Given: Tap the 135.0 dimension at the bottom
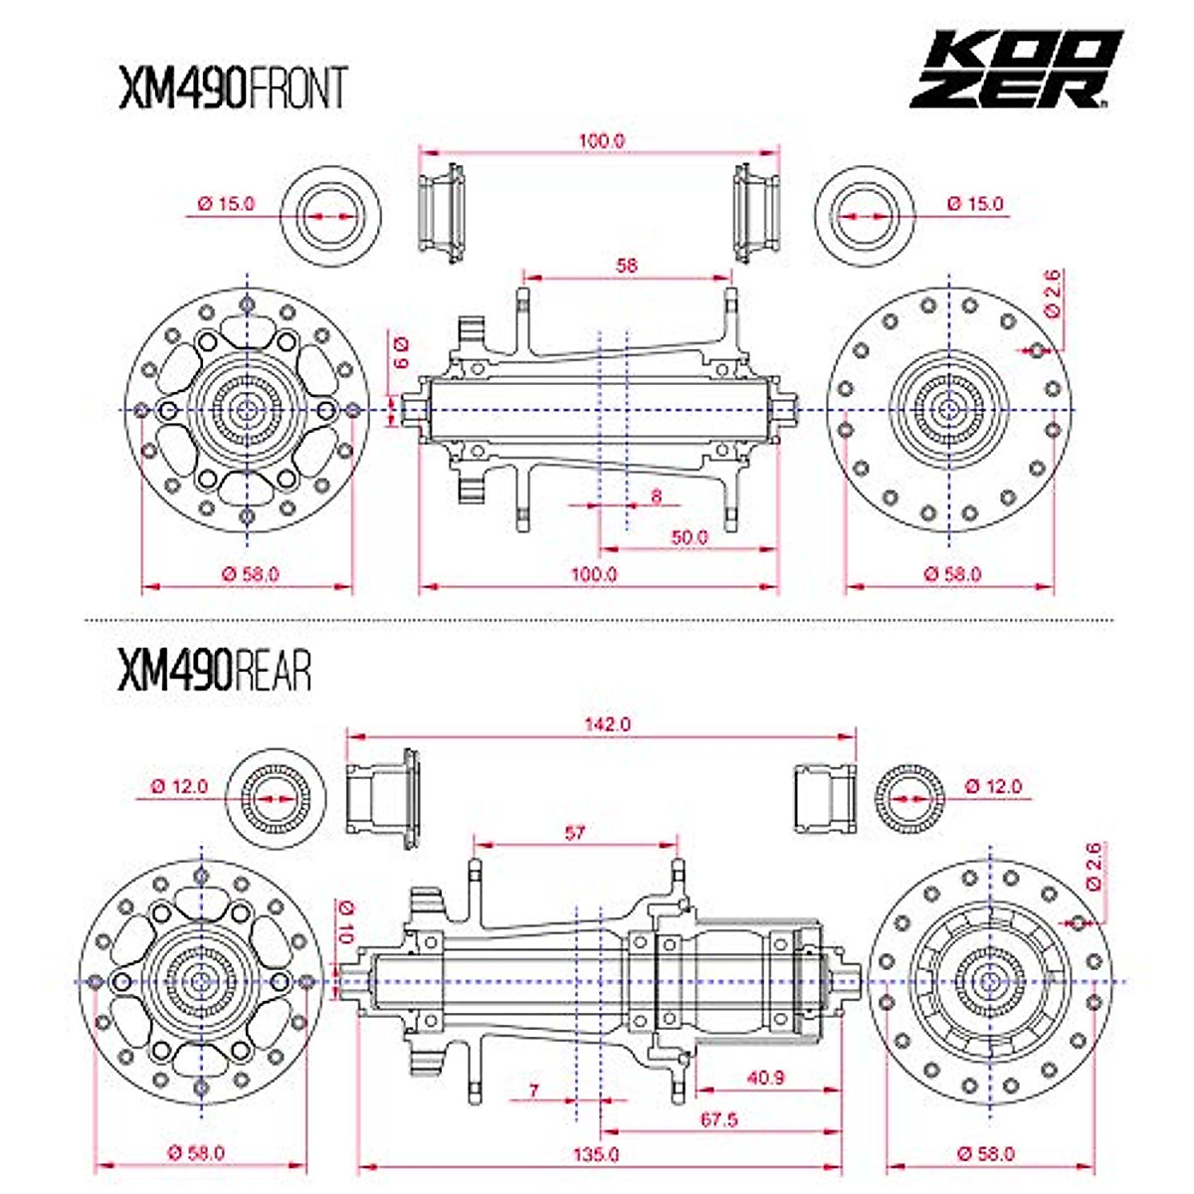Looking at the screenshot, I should [x=596, y=1154].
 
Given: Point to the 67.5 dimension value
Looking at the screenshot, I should [x=718, y=1120].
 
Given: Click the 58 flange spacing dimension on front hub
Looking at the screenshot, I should [x=627, y=266].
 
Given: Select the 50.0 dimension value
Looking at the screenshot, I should [x=689, y=537].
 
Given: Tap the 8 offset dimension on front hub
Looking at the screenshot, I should [x=656, y=495].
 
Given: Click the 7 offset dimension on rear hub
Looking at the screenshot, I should [x=533, y=1092].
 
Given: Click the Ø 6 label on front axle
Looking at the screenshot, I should [x=400, y=351].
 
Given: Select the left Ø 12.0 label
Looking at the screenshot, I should [x=179, y=786].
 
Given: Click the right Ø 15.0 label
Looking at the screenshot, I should [x=975, y=204].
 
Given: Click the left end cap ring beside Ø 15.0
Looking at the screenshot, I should [x=330, y=215].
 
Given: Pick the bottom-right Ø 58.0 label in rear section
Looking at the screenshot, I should [x=985, y=1154].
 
